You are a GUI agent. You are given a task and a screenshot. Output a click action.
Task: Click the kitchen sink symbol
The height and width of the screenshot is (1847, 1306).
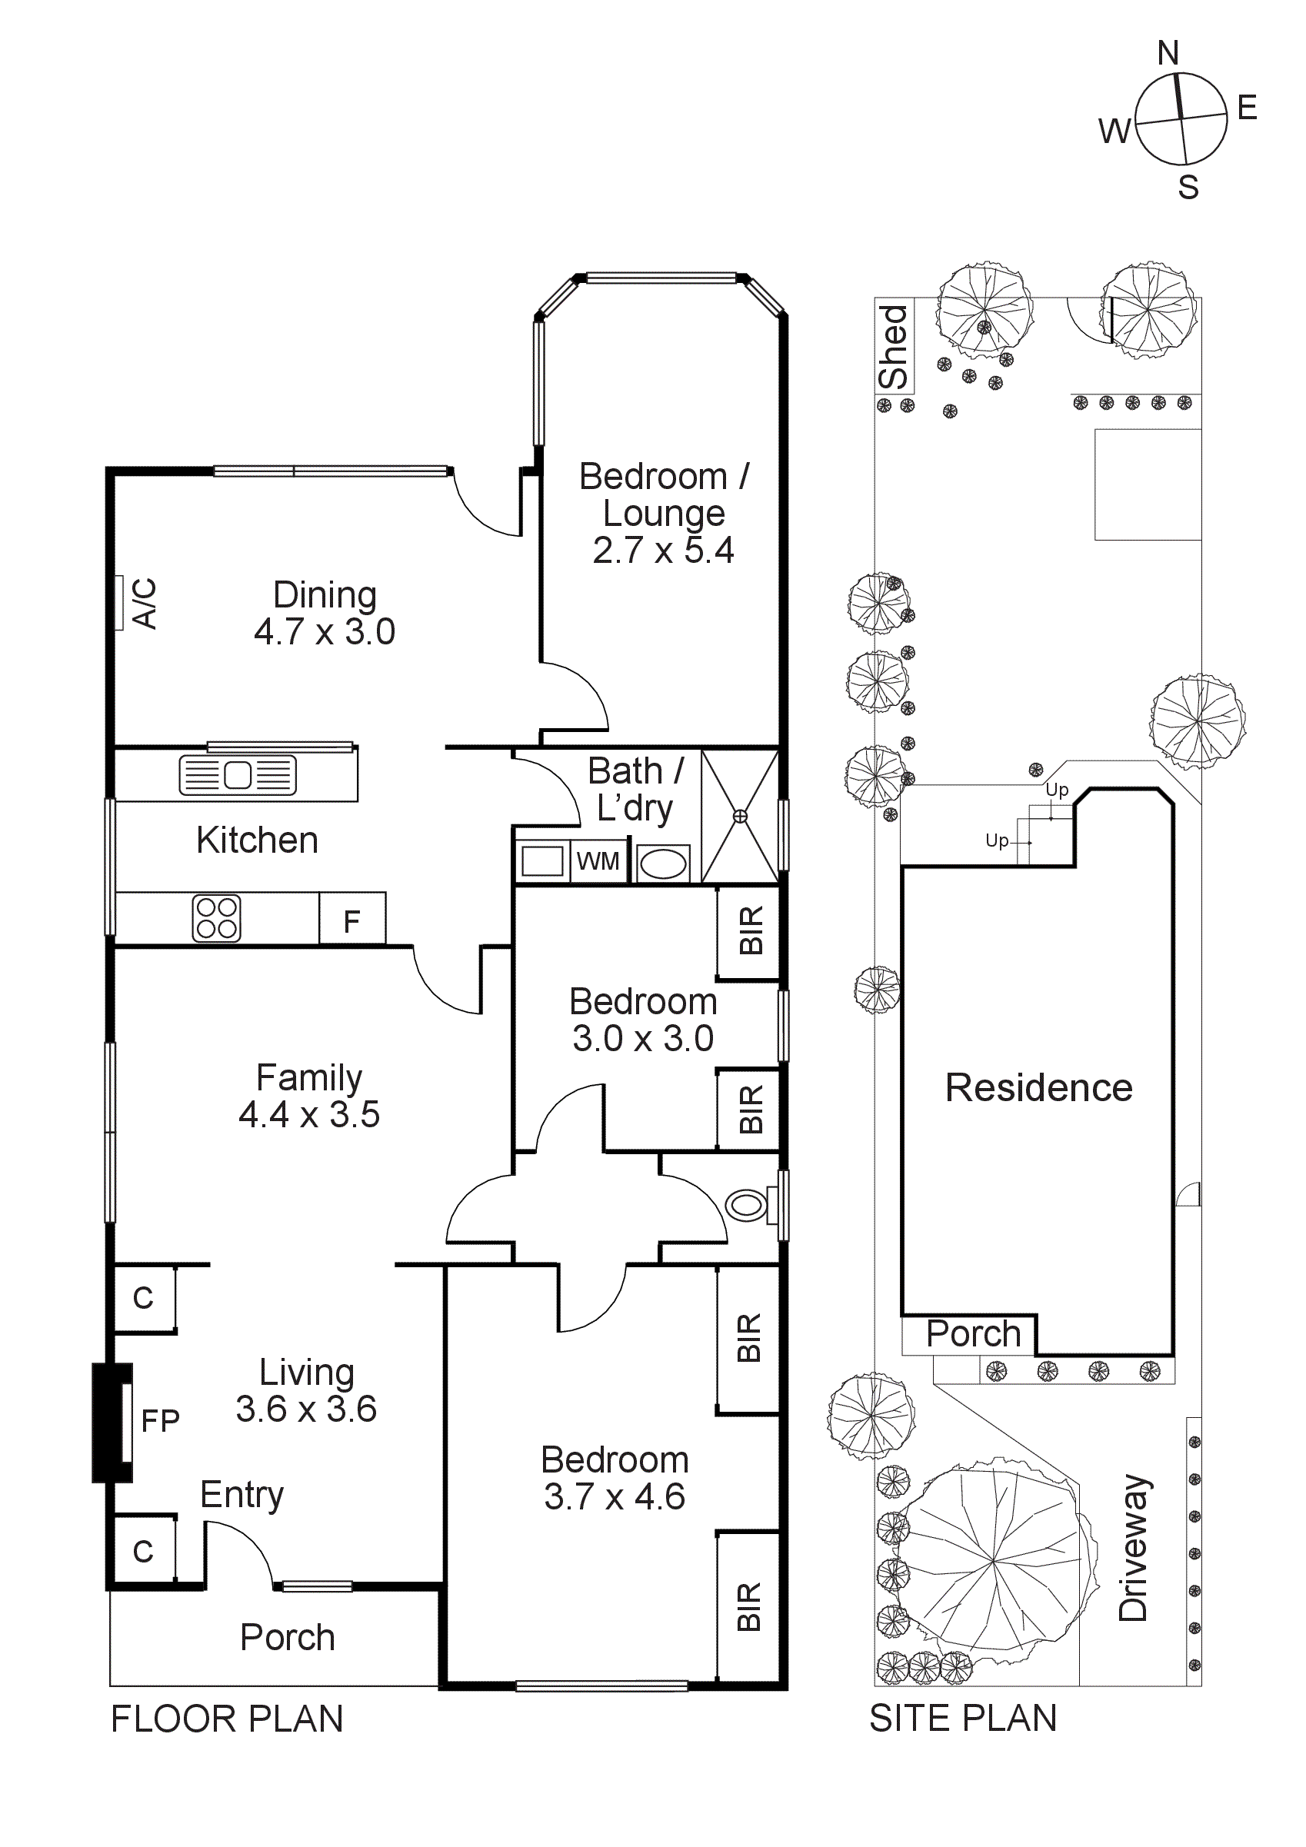(238, 776)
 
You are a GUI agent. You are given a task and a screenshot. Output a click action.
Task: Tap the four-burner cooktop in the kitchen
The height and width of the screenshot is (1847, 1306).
(216, 918)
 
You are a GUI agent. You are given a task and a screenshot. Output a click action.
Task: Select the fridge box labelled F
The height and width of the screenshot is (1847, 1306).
(352, 920)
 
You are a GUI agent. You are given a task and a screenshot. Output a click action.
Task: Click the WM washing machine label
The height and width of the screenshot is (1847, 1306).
(598, 861)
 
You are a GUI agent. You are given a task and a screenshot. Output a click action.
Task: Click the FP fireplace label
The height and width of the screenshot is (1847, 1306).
(159, 1421)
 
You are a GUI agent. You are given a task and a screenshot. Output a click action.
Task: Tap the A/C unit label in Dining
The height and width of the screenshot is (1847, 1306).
(145, 603)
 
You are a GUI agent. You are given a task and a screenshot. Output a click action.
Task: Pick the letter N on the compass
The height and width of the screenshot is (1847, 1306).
(1168, 53)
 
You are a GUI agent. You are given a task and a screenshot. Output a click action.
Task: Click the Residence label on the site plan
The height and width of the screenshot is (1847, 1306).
(1038, 1087)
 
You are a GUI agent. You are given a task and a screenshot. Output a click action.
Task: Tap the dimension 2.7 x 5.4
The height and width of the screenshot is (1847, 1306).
(663, 551)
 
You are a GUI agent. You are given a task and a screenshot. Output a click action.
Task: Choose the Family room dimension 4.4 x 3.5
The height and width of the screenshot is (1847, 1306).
(309, 1114)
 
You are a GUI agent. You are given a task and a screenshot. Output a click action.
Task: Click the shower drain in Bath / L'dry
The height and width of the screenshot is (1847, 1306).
(739, 817)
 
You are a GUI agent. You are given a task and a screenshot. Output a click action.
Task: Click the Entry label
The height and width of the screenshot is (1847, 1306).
(242, 1495)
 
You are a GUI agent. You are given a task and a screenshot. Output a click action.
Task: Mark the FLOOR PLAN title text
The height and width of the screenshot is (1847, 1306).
(227, 1719)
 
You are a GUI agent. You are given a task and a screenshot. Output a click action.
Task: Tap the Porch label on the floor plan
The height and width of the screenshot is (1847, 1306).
(287, 1637)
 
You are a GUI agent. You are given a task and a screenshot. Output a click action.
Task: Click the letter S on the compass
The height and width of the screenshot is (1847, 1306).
(1188, 187)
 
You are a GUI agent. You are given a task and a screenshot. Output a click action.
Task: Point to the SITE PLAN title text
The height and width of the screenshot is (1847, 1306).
(962, 1719)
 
